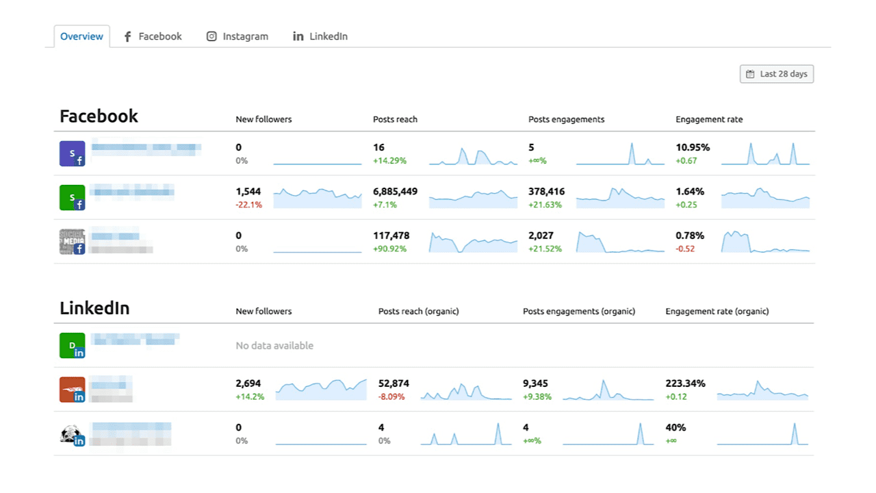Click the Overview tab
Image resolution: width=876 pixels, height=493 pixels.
81,36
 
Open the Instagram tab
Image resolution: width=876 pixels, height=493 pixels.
237,36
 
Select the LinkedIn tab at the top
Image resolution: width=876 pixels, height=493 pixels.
320,36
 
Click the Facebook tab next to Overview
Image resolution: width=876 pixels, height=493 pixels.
153,36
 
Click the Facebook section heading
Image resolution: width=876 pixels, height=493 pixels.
99,116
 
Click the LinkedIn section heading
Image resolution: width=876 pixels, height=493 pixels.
94,308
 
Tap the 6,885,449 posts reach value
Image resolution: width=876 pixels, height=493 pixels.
395,192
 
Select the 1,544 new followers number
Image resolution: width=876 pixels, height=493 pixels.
249,192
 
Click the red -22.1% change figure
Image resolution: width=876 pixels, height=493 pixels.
248,205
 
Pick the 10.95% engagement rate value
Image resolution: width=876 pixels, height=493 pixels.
693,147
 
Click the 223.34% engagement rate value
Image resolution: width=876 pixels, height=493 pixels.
685,383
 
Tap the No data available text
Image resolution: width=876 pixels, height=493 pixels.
274,346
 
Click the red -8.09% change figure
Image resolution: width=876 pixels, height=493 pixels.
391,396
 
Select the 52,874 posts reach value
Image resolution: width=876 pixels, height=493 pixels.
394,383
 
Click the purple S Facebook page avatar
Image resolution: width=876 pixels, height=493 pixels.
72,153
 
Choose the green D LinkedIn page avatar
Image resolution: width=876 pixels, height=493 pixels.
72,345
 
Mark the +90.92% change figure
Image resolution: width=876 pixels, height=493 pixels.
389,249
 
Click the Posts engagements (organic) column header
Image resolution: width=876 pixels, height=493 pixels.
579,312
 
